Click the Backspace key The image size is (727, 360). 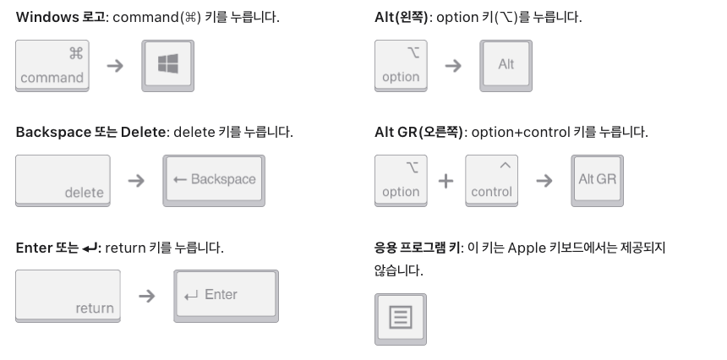(214, 180)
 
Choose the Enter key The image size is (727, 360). (226, 295)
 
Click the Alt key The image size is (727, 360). (506, 64)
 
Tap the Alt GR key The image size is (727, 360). (597, 180)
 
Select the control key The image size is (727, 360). (492, 180)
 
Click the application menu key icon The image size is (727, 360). (400, 319)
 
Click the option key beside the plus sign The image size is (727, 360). (401, 180)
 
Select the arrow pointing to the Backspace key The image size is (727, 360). (135, 181)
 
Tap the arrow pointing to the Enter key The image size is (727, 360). (146, 296)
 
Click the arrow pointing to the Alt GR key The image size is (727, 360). (544, 181)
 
